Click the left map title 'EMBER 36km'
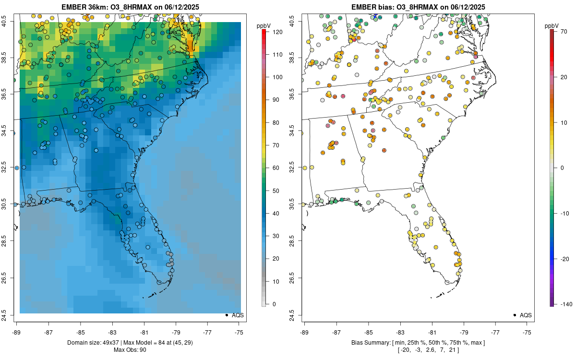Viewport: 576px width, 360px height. (x=84, y=7)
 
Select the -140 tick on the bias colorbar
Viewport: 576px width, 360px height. (x=564, y=304)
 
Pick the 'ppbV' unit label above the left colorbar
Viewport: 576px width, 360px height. (x=264, y=25)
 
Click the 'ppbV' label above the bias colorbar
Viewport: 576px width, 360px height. (x=552, y=25)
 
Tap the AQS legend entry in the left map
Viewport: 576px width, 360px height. (x=235, y=315)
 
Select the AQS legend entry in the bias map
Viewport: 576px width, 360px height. (x=523, y=315)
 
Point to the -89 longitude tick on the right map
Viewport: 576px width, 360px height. (x=304, y=332)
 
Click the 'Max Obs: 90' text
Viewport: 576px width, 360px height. (x=130, y=350)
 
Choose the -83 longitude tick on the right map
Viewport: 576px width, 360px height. (x=400, y=332)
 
